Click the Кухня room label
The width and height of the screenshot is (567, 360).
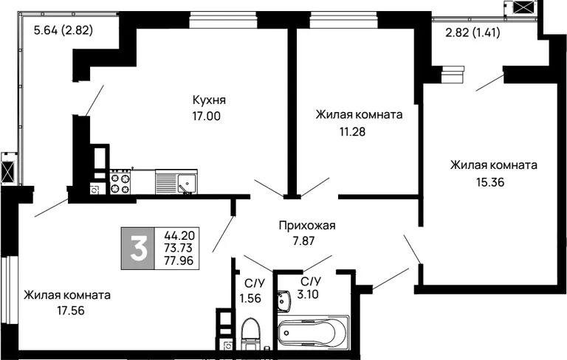point(209,100)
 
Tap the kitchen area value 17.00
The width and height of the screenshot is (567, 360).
point(207,117)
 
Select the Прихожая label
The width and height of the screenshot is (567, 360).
point(307,226)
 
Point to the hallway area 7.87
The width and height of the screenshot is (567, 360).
point(303,241)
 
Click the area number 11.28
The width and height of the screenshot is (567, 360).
point(352,131)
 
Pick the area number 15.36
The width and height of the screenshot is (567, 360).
point(490,182)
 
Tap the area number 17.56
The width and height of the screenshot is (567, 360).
point(71,311)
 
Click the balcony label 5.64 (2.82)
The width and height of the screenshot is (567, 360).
point(63,30)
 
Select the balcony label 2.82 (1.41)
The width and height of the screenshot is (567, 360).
point(472,32)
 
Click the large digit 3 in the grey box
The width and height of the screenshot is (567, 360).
point(138,249)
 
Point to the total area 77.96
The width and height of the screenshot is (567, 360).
point(179,260)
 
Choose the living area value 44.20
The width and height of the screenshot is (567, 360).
point(179,235)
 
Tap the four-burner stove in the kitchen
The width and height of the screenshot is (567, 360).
point(120,182)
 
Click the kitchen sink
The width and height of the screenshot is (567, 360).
point(176,182)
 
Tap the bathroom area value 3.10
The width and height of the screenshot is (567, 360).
point(308,294)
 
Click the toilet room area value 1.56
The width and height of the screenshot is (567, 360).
point(250,298)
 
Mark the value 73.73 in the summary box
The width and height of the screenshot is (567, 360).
point(178,248)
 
